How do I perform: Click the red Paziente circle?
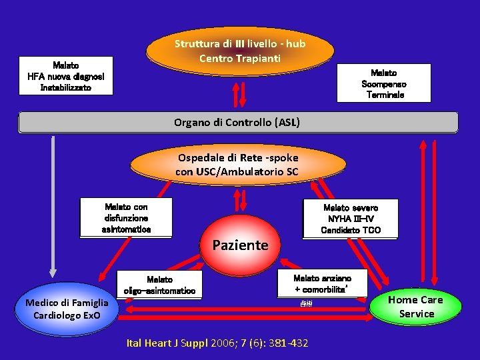coord(240,245)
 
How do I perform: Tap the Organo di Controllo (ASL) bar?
coord(237,123)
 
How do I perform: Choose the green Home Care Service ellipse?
coord(416,307)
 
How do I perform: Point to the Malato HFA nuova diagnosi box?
coord(65,77)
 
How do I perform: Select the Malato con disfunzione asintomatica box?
coord(126,218)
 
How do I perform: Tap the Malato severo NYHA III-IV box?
coord(351,219)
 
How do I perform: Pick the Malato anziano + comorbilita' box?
coord(322,284)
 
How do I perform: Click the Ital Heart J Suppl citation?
coord(217,343)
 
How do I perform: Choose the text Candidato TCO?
coord(351,231)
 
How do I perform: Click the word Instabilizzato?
coord(65,87)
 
